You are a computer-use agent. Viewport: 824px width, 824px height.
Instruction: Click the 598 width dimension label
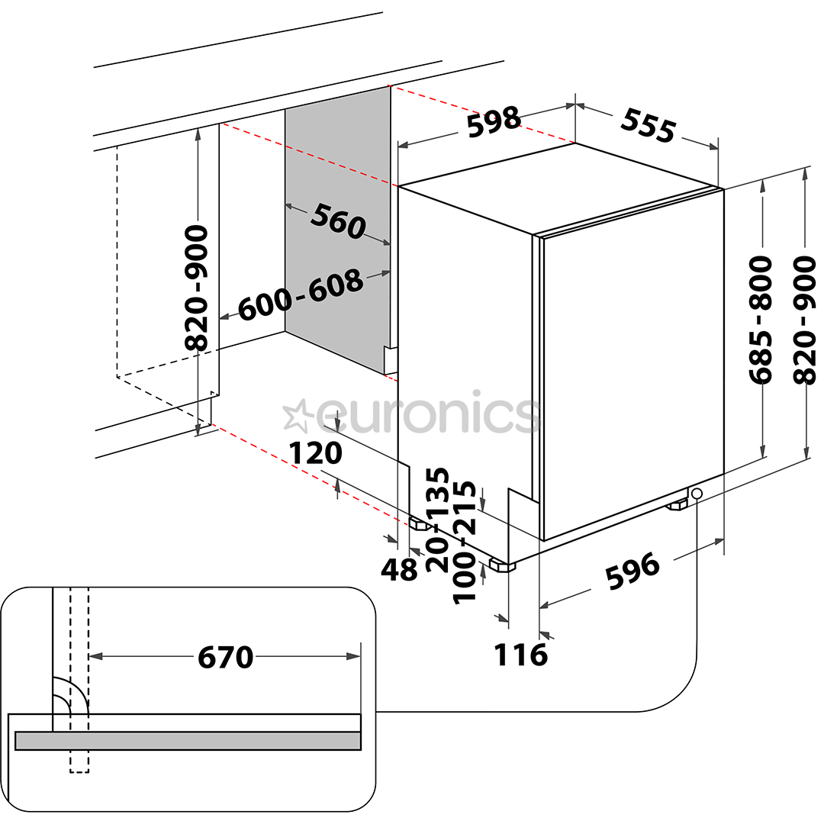click(494, 122)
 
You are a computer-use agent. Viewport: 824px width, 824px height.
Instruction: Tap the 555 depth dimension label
click(648, 126)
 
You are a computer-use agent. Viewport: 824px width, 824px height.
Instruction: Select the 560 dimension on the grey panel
click(338, 221)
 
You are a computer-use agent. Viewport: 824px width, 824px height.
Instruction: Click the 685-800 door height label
click(761, 320)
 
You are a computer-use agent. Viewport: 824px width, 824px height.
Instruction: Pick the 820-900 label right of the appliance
click(805, 320)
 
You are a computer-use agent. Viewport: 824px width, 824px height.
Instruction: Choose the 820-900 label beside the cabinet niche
click(197, 288)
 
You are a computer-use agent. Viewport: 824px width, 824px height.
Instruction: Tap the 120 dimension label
click(316, 452)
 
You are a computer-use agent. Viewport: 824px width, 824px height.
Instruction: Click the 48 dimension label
click(399, 569)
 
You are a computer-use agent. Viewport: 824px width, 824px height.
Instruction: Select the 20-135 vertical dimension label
click(438, 520)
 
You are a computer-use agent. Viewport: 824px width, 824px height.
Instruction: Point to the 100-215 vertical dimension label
click(464, 543)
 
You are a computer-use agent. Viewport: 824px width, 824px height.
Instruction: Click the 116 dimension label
click(521, 655)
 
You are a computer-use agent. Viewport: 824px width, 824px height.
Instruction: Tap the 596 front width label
click(632, 570)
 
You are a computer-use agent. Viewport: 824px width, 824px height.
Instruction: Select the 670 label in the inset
click(225, 657)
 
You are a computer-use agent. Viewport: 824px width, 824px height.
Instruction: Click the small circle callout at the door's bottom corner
click(697, 494)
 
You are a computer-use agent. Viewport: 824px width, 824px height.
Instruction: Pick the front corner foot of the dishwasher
click(502, 565)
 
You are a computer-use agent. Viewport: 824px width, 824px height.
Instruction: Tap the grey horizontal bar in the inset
click(188, 740)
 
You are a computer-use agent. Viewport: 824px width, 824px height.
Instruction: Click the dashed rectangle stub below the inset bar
click(79, 761)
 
